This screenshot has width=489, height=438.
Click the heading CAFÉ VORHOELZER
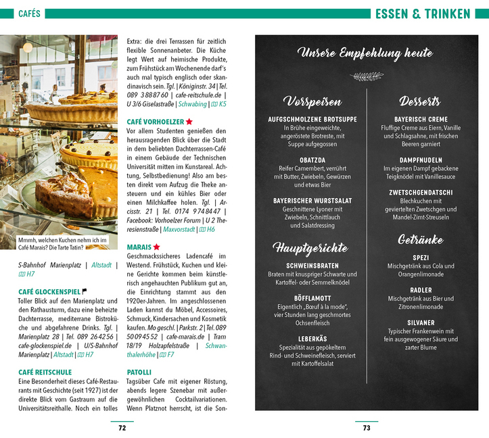coord(155,121)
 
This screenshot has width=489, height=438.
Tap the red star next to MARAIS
coord(156,247)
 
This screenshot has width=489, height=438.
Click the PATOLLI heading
coord(139,372)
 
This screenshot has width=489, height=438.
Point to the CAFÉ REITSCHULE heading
coord(45,372)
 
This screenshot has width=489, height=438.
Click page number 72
coord(122,427)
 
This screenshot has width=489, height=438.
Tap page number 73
coord(367,427)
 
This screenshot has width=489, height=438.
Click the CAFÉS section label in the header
coord(29,14)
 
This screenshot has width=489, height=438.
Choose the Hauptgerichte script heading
coord(310,247)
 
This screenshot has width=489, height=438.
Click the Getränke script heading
coord(420,239)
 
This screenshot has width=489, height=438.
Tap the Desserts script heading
coord(420,101)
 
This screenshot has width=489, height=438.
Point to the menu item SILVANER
coord(420,323)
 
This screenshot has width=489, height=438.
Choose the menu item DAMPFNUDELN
coord(420,160)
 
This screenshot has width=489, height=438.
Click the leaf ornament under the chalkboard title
coord(365,76)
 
